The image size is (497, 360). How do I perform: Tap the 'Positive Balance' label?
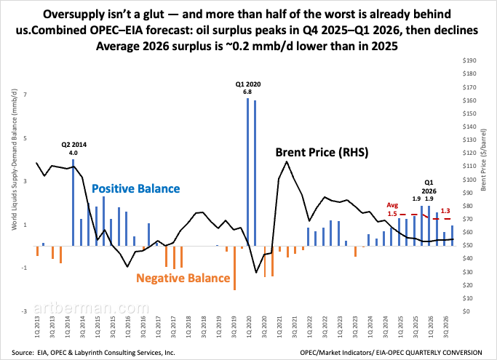(135, 189)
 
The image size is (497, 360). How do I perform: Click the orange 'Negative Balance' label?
(183, 279)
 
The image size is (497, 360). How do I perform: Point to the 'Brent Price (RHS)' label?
(321, 153)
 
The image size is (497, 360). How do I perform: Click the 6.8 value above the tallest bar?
(247, 92)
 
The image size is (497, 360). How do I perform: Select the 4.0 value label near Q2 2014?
(73, 153)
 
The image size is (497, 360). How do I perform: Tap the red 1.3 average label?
(445, 210)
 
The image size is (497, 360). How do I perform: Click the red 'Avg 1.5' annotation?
(392, 209)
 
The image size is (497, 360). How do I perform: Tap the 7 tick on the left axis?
(25, 95)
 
